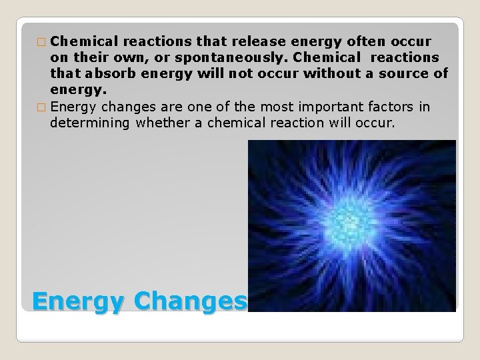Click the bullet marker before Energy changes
tap(43, 107)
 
